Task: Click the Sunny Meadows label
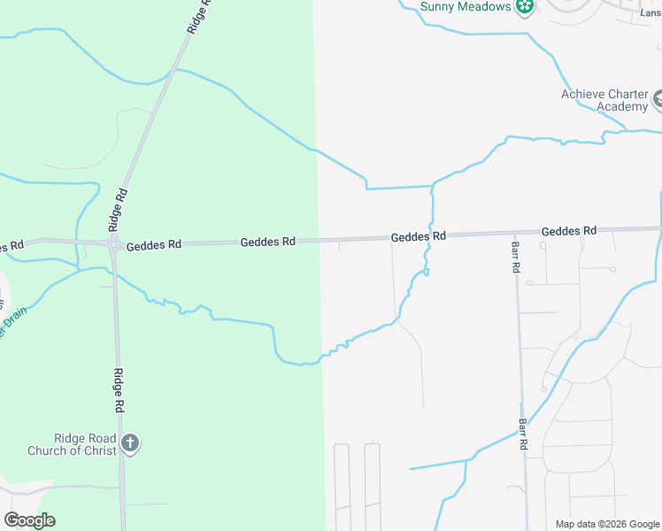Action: pyautogui.click(x=466, y=7)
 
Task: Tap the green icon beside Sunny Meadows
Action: pyautogui.click(x=525, y=7)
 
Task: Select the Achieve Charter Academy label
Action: pyautogui.click(x=604, y=101)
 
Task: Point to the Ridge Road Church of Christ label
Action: pyautogui.click(x=84, y=444)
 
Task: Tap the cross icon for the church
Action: pyautogui.click(x=130, y=442)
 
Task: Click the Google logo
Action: pyautogui.click(x=29, y=520)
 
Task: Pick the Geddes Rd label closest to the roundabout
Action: pyautogui.click(x=153, y=245)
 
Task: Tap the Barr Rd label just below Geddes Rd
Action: pyautogui.click(x=515, y=257)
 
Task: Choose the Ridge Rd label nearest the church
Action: pyautogui.click(x=118, y=390)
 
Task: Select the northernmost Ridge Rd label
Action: pyautogui.click(x=200, y=17)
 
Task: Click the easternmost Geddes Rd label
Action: pyautogui.click(x=569, y=231)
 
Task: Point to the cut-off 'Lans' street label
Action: pyautogui.click(x=650, y=13)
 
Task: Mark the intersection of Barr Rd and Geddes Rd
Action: pyautogui.click(x=513, y=233)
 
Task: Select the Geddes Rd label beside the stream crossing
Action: pyautogui.click(x=419, y=237)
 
